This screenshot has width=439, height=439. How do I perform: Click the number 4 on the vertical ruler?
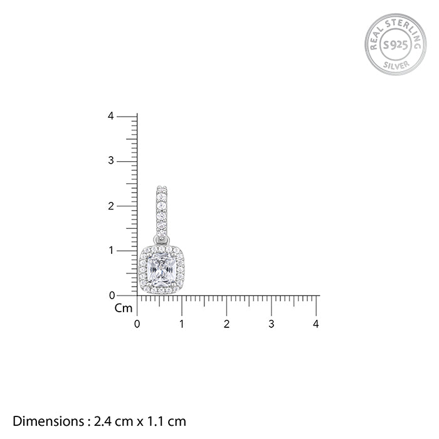(111, 116)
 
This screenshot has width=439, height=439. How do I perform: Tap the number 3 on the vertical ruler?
(111, 161)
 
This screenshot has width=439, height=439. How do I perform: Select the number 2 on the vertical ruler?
(111, 206)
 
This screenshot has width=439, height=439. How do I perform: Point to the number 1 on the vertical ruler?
(112, 250)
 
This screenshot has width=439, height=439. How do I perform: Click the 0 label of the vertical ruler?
(112, 295)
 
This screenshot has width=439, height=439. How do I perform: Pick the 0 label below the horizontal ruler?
(137, 324)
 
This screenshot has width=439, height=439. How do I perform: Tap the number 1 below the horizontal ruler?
(182, 324)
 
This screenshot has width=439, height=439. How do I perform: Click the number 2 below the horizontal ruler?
(226, 324)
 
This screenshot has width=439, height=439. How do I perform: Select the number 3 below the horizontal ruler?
(272, 324)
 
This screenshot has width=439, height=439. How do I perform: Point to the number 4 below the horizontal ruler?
(316, 324)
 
